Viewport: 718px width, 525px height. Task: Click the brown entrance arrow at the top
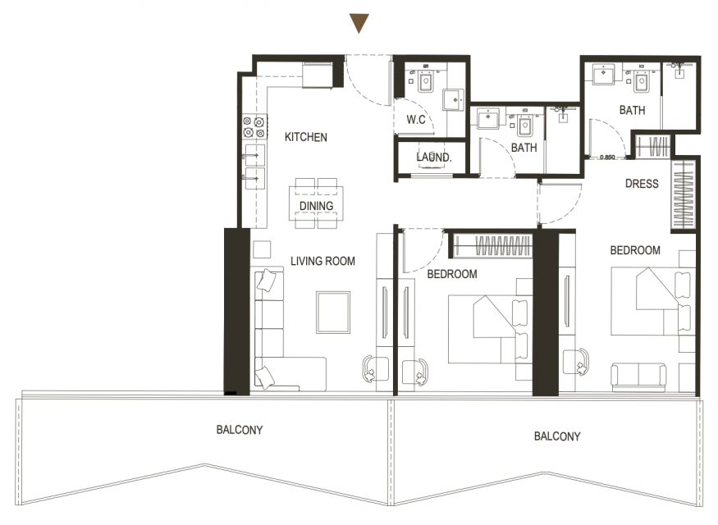[x=359, y=23]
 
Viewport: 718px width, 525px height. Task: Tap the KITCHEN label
[x=306, y=137]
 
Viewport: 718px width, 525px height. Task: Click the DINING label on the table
[x=316, y=206]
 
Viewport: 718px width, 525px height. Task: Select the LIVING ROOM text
[x=322, y=261]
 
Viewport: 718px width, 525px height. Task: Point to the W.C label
[x=416, y=120]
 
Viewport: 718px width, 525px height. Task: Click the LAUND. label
[x=433, y=157]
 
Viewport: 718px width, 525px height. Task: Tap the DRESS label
[x=642, y=184]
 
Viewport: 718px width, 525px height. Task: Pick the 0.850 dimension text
[x=607, y=157]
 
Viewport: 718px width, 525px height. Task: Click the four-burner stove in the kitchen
[x=254, y=127]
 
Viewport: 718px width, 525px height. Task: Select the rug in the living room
[x=333, y=313]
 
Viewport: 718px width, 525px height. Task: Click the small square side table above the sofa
[x=262, y=249]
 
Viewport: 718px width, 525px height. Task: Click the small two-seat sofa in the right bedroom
[x=638, y=375]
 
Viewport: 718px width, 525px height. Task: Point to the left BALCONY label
[x=240, y=430]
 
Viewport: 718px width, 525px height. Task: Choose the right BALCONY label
[x=557, y=436]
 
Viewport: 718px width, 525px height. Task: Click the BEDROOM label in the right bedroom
[x=635, y=250]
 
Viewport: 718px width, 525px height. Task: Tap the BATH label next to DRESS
[x=633, y=110]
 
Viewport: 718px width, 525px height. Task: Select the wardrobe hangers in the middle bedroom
[x=503, y=246]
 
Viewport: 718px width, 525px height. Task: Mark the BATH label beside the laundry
[x=524, y=148]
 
